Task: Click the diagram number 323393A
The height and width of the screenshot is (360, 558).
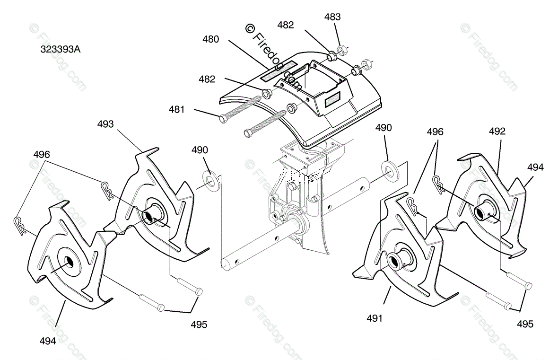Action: (x=61, y=48)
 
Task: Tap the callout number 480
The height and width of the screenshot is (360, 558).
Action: (x=210, y=39)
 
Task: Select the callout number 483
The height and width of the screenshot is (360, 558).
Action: (x=332, y=17)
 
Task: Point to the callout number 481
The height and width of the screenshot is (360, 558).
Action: (x=177, y=110)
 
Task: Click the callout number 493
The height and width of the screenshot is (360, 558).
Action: (x=105, y=124)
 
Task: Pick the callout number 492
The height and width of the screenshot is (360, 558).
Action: (x=497, y=132)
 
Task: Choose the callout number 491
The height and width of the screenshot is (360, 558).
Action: (x=374, y=318)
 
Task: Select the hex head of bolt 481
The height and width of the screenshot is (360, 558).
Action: (x=223, y=117)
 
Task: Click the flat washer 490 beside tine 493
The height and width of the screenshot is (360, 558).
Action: (x=209, y=179)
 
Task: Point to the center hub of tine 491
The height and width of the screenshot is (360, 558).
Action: (x=395, y=259)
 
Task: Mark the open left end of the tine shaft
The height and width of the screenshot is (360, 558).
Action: (x=227, y=263)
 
